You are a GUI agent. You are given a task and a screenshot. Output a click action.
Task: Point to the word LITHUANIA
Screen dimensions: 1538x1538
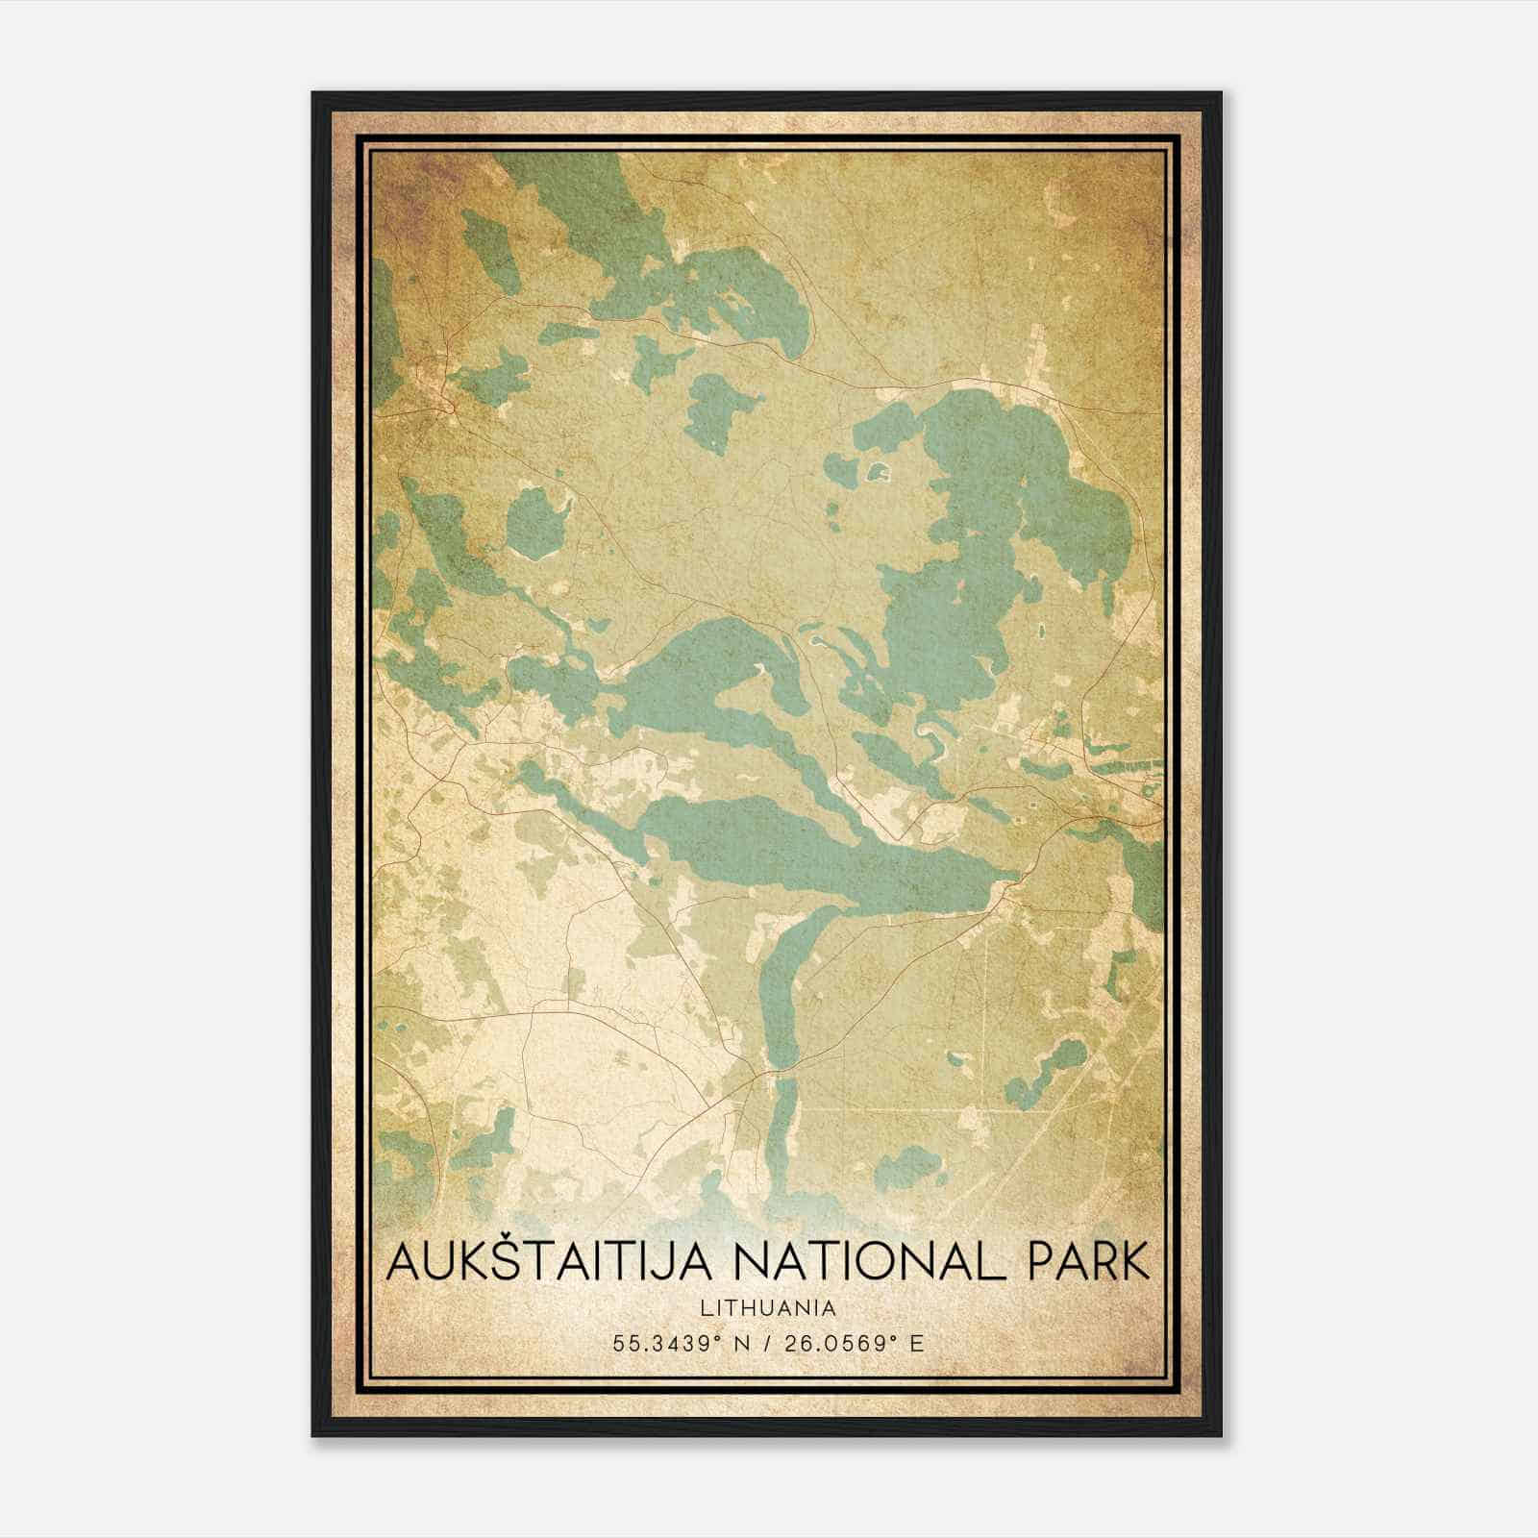pyautogui.click(x=768, y=1307)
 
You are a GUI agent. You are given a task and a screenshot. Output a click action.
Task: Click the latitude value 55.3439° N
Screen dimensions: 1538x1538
pyautogui.click(x=681, y=1343)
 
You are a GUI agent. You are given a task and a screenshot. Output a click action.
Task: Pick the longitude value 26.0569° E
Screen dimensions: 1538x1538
pyautogui.click(x=855, y=1343)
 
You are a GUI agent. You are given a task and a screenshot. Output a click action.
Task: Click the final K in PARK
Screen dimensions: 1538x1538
pyautogui.click(x=1132, y=1261)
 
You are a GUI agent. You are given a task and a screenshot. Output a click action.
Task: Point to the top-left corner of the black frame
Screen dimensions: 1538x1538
pyautogui.click(x=313, y=93)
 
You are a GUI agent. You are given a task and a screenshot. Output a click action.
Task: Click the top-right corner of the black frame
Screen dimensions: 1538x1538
pyautogui.click(x=1221, y=93)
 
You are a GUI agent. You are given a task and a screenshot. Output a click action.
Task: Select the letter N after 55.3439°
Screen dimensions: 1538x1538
pyautogui.click(x=742, y=1343)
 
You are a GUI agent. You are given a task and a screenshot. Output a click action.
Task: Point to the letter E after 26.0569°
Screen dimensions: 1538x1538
pyautogui.click(x=917, y=1343)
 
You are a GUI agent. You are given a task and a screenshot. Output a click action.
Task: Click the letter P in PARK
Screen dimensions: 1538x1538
pyautogui.click(x=1041, y=1261)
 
